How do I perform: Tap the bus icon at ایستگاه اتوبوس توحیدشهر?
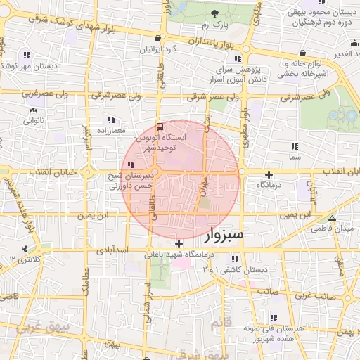[160, 128]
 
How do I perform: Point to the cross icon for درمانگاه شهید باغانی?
[179, 243]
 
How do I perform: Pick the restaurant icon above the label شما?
[295, 146]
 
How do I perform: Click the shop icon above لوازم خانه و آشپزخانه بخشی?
[302, 53]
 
